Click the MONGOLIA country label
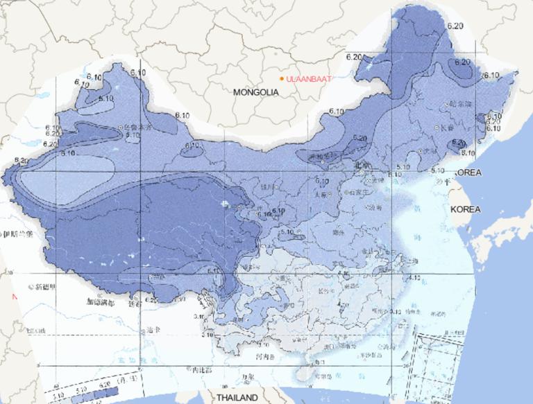255,91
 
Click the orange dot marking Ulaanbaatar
282,78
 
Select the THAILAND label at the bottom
237,398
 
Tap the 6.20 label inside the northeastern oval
462,62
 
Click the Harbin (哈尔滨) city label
459,105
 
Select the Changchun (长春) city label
446,128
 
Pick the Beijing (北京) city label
363,166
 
